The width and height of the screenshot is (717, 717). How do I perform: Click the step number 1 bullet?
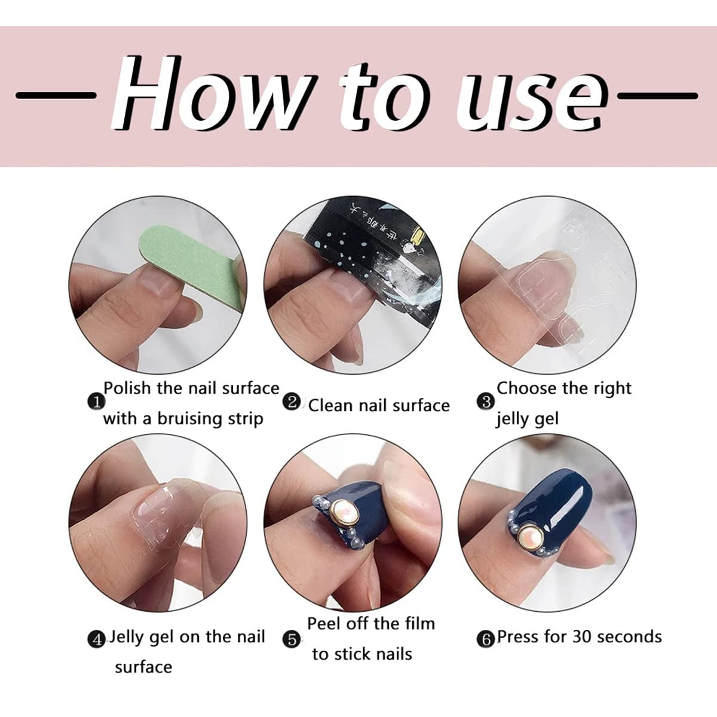(95, 402)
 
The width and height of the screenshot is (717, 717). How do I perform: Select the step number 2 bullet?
(292, 402)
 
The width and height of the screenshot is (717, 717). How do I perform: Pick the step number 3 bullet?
(486, 402)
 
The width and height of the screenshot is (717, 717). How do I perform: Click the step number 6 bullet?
(486, 639)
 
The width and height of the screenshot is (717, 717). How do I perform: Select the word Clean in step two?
(330, 405)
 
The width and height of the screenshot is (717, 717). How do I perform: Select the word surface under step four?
(143, 667)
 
